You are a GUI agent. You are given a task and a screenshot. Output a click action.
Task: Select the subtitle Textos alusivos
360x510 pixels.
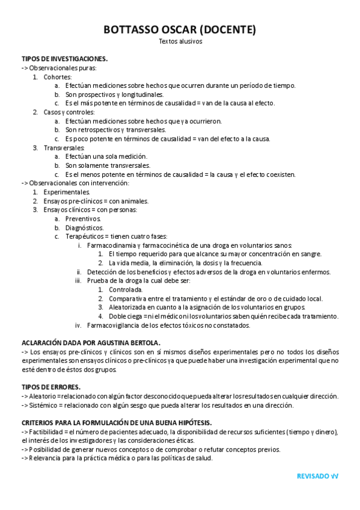[x=180, y=41]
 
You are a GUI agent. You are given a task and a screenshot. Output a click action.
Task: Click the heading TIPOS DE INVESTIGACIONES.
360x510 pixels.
[x=64, y=59]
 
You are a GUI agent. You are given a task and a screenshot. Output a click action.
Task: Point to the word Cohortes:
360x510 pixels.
[x=58, y=77]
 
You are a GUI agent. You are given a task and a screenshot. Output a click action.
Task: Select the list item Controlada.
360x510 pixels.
[x=126, y=290]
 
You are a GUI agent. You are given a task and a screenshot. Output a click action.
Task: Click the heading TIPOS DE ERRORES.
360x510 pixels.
[x=50, y=387]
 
